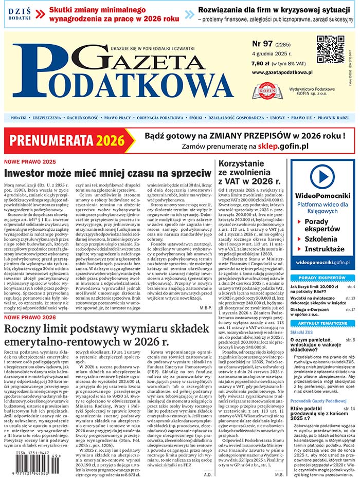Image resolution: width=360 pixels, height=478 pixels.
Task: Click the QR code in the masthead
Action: click(x=330, y=49)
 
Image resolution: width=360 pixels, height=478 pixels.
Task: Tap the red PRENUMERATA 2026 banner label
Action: click(x=67, y=140)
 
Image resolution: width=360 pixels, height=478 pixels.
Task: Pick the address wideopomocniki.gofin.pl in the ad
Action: click(x=322, y=263)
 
